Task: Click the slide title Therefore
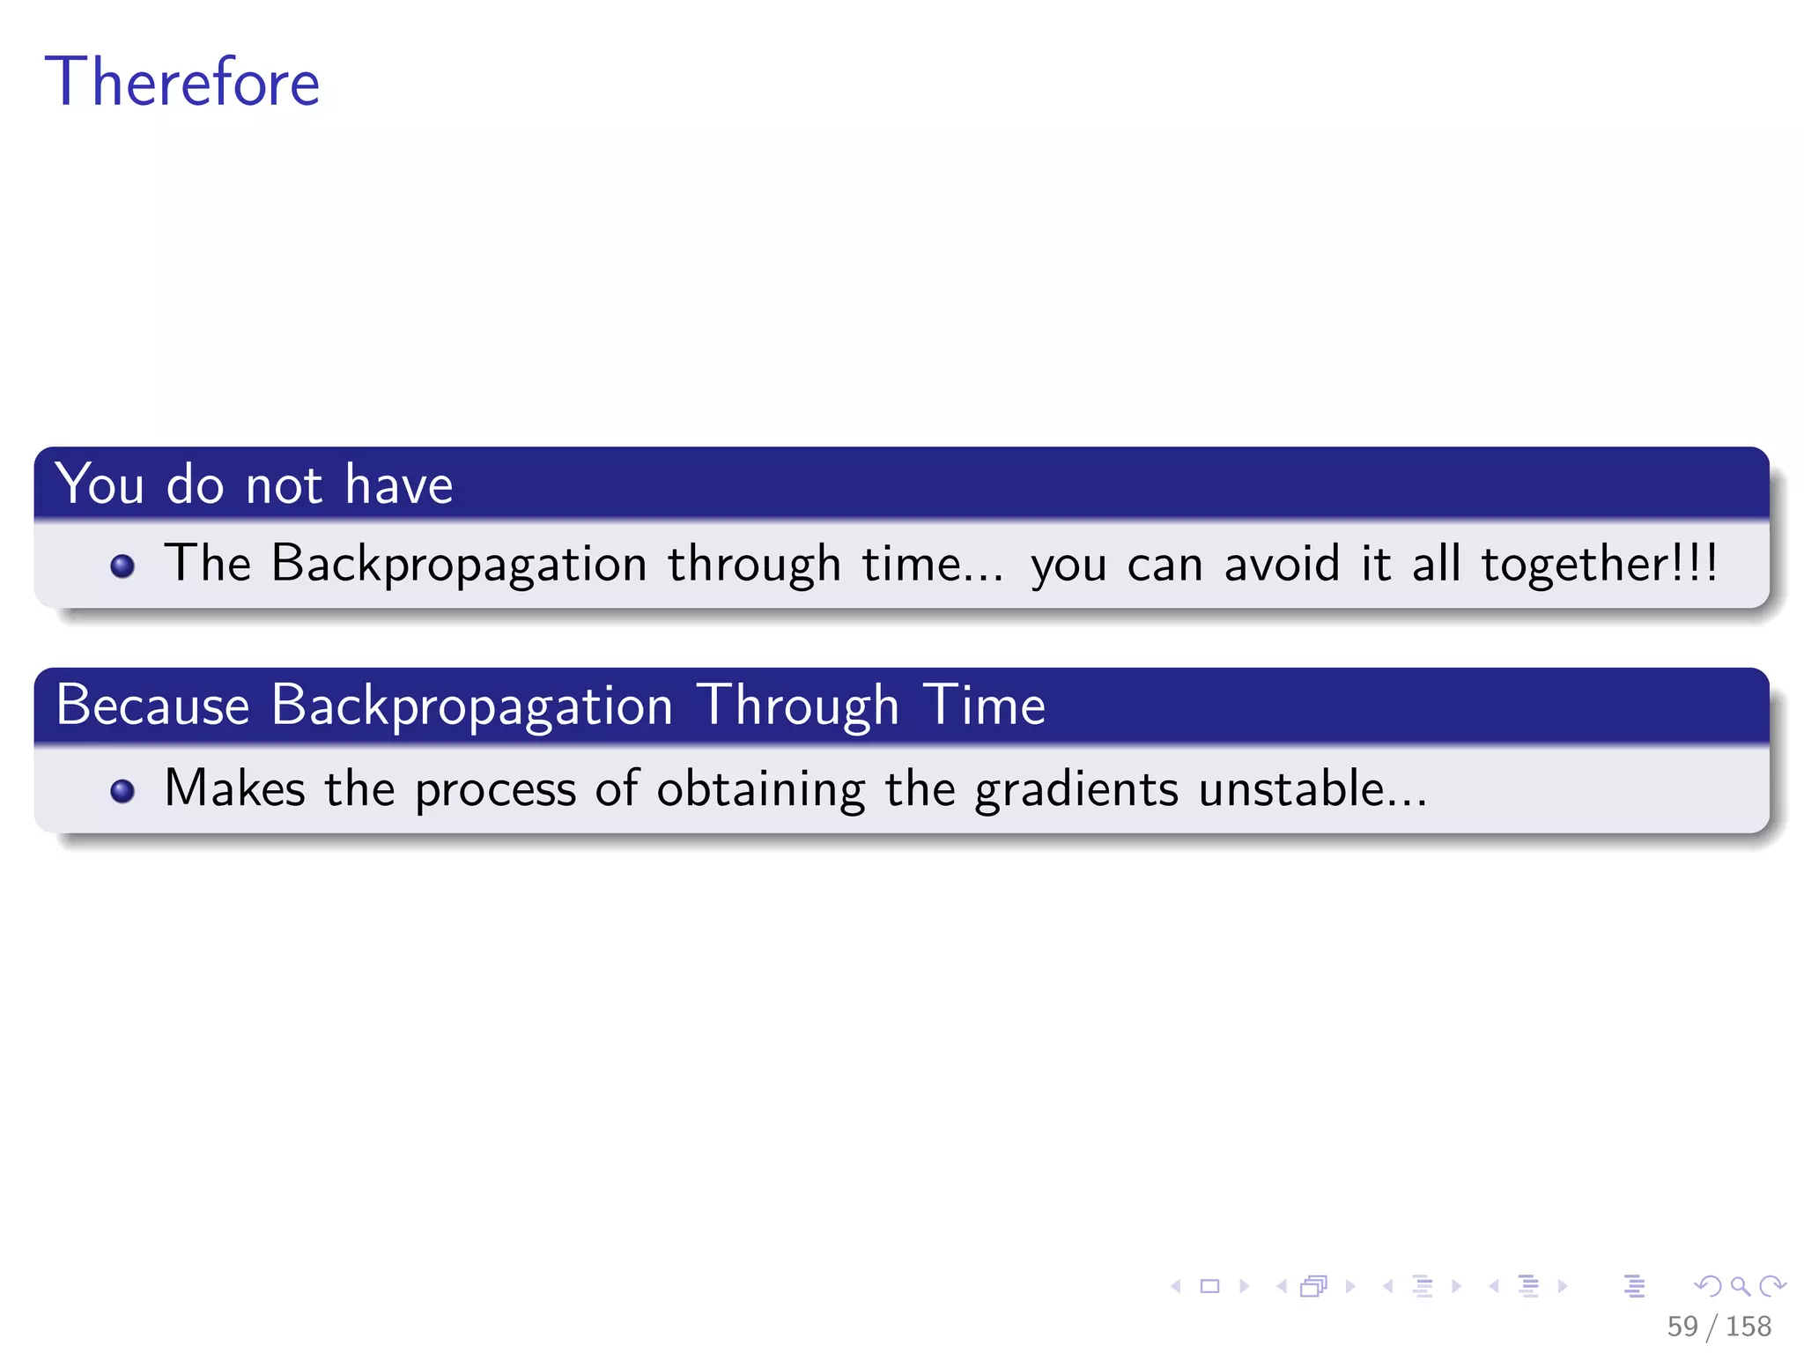(182, 82)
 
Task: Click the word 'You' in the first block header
(100, 484)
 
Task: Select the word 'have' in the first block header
(398, 484)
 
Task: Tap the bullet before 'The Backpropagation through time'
(122, 566)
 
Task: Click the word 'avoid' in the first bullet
(1282, 564)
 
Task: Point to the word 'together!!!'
(1599, 564)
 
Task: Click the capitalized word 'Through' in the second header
(798, 706)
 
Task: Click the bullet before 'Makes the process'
(122, 791)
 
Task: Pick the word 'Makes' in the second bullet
(234, 788)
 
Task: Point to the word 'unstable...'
(1312, 788)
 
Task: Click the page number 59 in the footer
(1682, 1326)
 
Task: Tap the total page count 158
(1749, 1326)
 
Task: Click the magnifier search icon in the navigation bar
(1740, 1286)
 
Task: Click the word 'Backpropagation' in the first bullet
(459, 564)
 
